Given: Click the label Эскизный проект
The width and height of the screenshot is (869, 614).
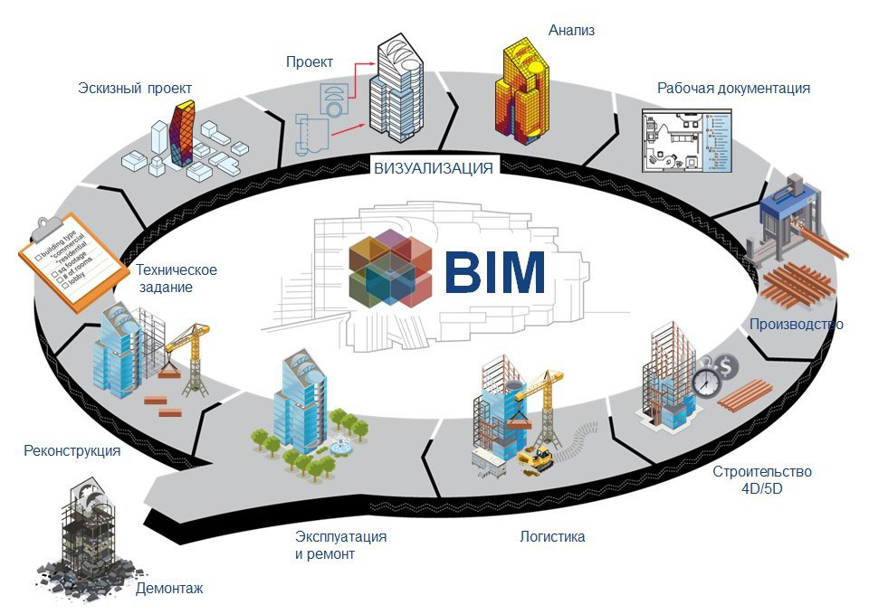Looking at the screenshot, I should point(135,88).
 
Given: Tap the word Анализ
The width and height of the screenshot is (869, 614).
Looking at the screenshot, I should point(571,30).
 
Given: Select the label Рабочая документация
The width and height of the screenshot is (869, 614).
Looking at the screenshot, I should point(733,88).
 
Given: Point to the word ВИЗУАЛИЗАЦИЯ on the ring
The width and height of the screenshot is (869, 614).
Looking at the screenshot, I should point(434,167).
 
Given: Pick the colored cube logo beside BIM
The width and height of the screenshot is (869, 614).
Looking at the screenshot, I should point(390,269).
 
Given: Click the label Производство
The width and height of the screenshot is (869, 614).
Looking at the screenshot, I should point(796,324).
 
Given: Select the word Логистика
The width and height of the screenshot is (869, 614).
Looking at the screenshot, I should point(552,536).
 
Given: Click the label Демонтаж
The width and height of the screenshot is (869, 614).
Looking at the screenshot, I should point(169,588).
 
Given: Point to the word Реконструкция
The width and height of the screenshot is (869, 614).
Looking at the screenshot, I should point(72,450).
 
